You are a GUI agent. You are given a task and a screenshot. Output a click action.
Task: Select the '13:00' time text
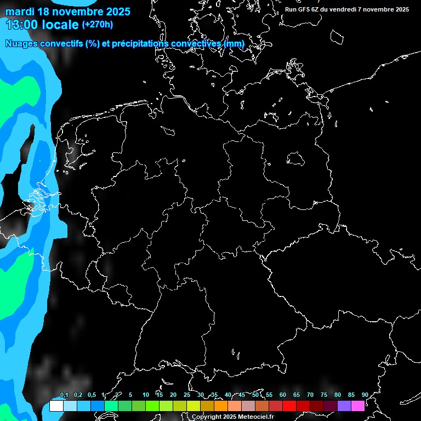pyautogui.click(x=21, y=24)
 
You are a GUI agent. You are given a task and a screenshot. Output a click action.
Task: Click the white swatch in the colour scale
pyautogui.click(x=56, y=406)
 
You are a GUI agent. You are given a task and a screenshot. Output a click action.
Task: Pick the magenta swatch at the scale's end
pyautogui.click(x=358, y=406)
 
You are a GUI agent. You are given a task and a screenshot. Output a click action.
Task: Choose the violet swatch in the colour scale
pyautogui.click(x=344, y=406)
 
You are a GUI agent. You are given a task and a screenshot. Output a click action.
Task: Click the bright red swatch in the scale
pyautogui.click(x=289, y=406)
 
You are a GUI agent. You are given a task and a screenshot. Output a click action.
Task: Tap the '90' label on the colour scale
pyautogui.click(x=365, y=395)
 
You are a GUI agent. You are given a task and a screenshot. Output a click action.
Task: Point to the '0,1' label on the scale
pyautogui.click(x=64, y=395)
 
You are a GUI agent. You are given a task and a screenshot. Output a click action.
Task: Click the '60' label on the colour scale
pyautogui.click(x=282, y=395)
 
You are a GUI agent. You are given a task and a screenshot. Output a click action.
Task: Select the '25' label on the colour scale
pyautogui.click(x=186, y=395)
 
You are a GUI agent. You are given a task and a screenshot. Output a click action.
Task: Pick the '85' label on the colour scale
pyautogui.click(x=351, y=395)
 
